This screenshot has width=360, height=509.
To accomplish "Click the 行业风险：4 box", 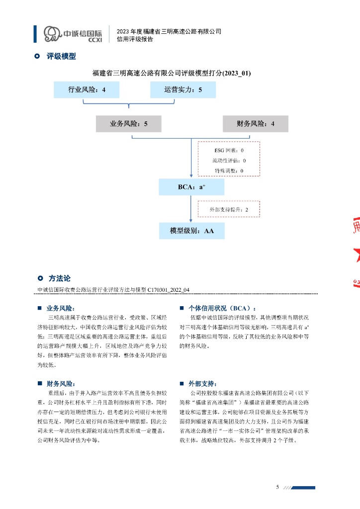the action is coord(87,90).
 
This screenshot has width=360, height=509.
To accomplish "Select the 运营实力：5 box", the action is coord(183,90).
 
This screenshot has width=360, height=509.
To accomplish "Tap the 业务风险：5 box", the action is coord(129,124).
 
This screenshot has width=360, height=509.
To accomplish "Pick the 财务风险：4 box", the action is coord(255,124).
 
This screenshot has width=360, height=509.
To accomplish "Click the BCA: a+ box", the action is coord(191,187).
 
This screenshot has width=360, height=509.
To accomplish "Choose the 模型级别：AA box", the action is coord(191,231).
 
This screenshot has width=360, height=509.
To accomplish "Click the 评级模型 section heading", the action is coord(61,57).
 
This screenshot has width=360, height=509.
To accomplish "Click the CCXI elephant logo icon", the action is coord(52,33).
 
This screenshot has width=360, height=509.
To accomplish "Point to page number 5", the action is coord(277,487).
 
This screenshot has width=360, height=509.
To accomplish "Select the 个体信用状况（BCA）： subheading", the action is coord(222,308).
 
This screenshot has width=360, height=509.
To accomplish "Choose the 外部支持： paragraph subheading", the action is coord(202,383).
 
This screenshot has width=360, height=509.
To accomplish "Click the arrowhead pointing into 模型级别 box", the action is coord(191,220).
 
